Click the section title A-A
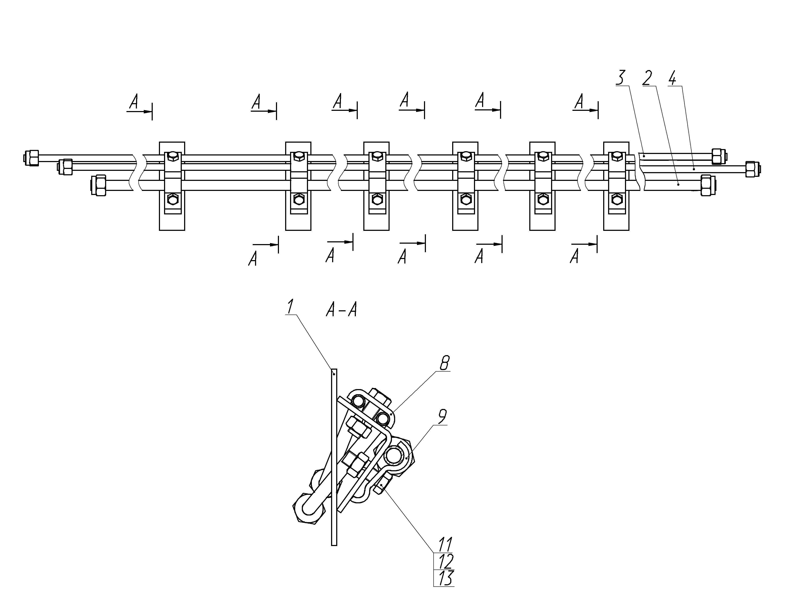(x=342, y=310)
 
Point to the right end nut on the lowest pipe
(x=707, y=185)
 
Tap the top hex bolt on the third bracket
(x=376, y=156)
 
